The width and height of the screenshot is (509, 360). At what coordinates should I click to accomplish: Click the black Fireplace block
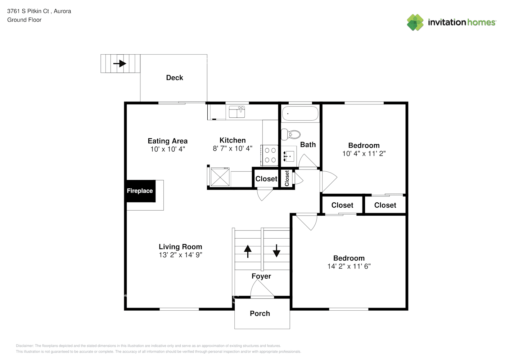click(x=140, y=191)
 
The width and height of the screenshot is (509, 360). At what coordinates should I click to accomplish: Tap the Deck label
click(x=175, y=78)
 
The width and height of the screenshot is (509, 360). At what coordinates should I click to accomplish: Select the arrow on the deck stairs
click(x=120, y=64)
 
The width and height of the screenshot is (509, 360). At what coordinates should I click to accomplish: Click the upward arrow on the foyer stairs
click(x=248, y=251)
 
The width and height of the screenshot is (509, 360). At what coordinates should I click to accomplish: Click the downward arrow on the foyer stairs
click(x=276, y=251)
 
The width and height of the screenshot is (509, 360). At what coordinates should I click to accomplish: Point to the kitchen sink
click(x=237, y=112)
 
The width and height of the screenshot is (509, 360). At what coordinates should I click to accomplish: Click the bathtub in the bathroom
click(x=300, y=113)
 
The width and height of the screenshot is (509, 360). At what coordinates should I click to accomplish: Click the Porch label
click(x=260, y=314)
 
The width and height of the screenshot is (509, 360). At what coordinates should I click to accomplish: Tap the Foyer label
click(x=261, y=276)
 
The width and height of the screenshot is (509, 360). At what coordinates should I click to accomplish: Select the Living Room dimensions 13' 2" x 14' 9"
click(x=180, y=255)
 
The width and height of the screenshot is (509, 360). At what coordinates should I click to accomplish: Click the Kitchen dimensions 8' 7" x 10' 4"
click(x=233, y=148)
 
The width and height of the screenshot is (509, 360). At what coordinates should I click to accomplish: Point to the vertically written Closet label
click(x=287, y=178)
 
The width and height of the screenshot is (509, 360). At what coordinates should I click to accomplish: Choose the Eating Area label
click(x=168, y=141)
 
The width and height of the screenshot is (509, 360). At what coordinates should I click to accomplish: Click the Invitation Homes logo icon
click(x=415, y=22)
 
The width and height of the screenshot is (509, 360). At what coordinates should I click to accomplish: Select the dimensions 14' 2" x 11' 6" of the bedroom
click(x=349, y=266)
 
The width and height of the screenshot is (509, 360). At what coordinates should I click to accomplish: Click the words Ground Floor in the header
click(x=24, y=20)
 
